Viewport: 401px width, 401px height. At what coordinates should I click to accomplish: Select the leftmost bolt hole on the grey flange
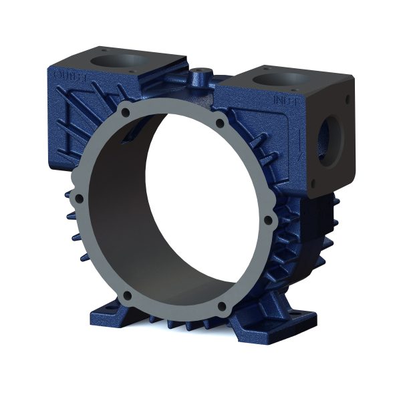[78, 198]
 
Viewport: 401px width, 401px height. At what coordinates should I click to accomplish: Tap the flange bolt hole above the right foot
[221, 307]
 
